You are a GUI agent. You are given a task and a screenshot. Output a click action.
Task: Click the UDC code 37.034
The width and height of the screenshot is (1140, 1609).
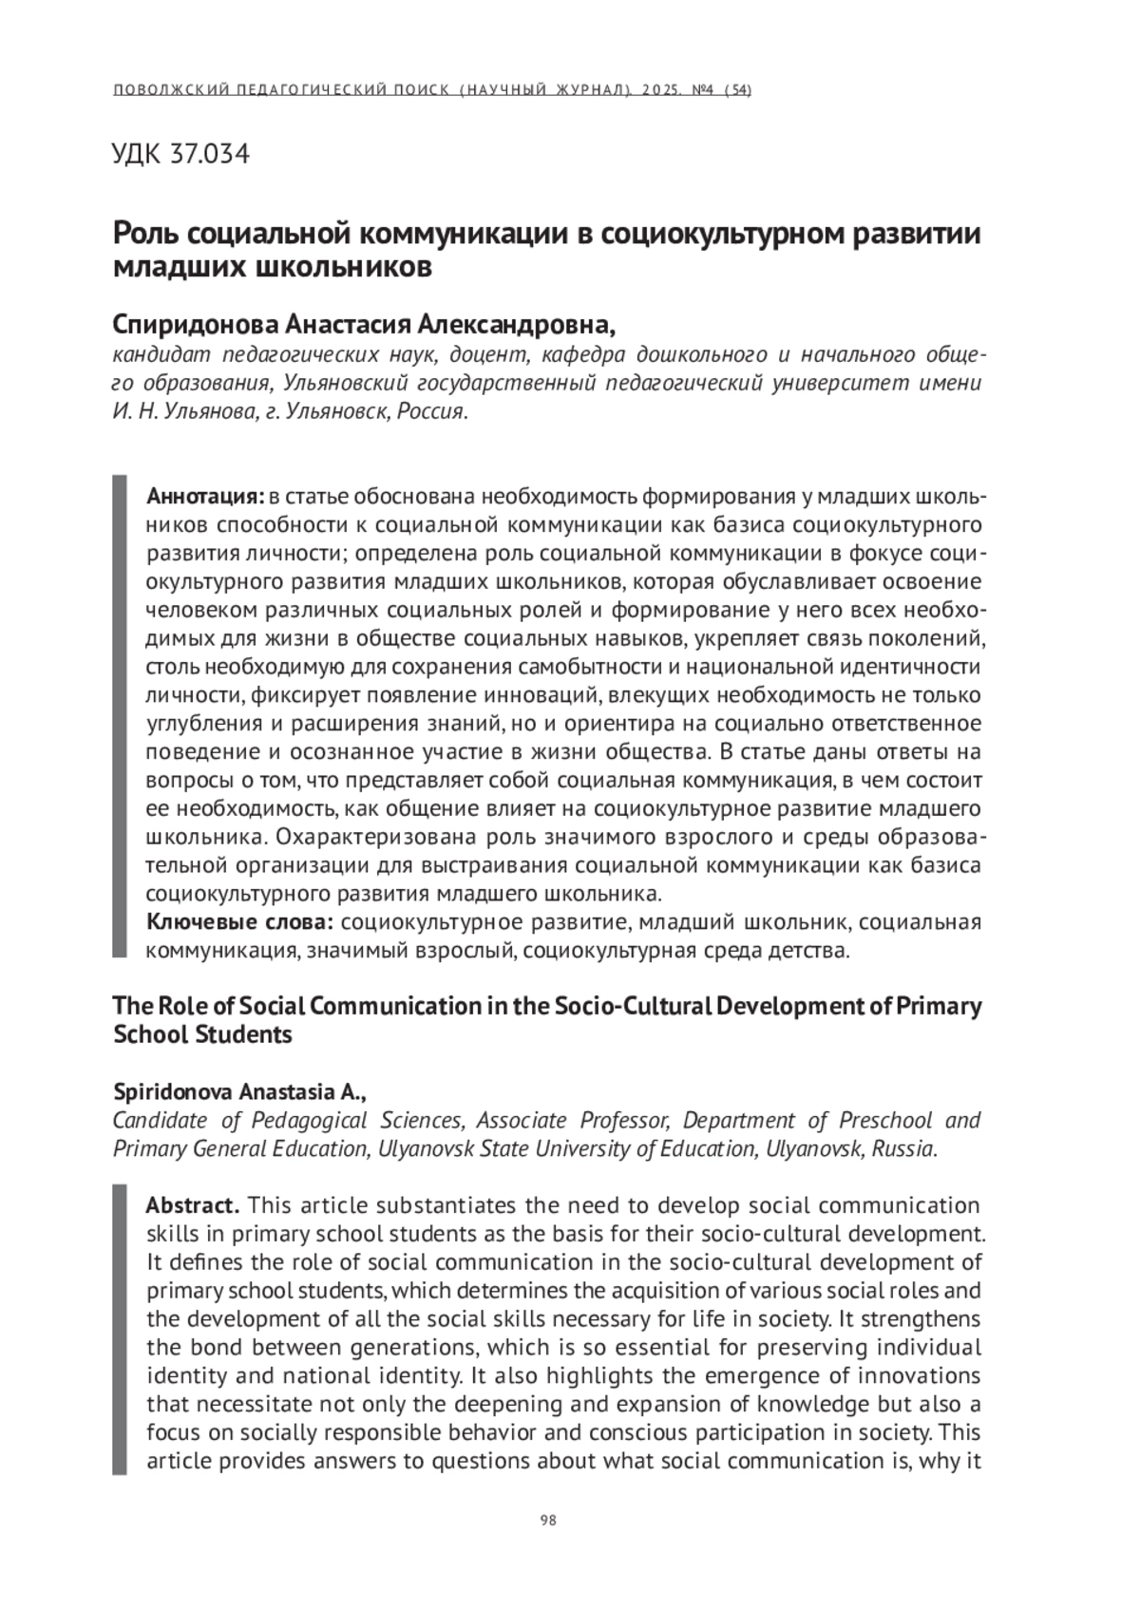209,153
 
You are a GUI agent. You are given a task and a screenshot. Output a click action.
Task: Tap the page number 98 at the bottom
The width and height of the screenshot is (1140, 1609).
548,1520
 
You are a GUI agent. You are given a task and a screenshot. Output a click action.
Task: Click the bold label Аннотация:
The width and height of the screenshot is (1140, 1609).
204,496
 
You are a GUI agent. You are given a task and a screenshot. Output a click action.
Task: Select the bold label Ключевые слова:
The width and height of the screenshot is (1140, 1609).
239,921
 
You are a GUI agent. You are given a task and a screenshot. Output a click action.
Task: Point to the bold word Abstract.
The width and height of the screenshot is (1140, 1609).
192,1205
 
